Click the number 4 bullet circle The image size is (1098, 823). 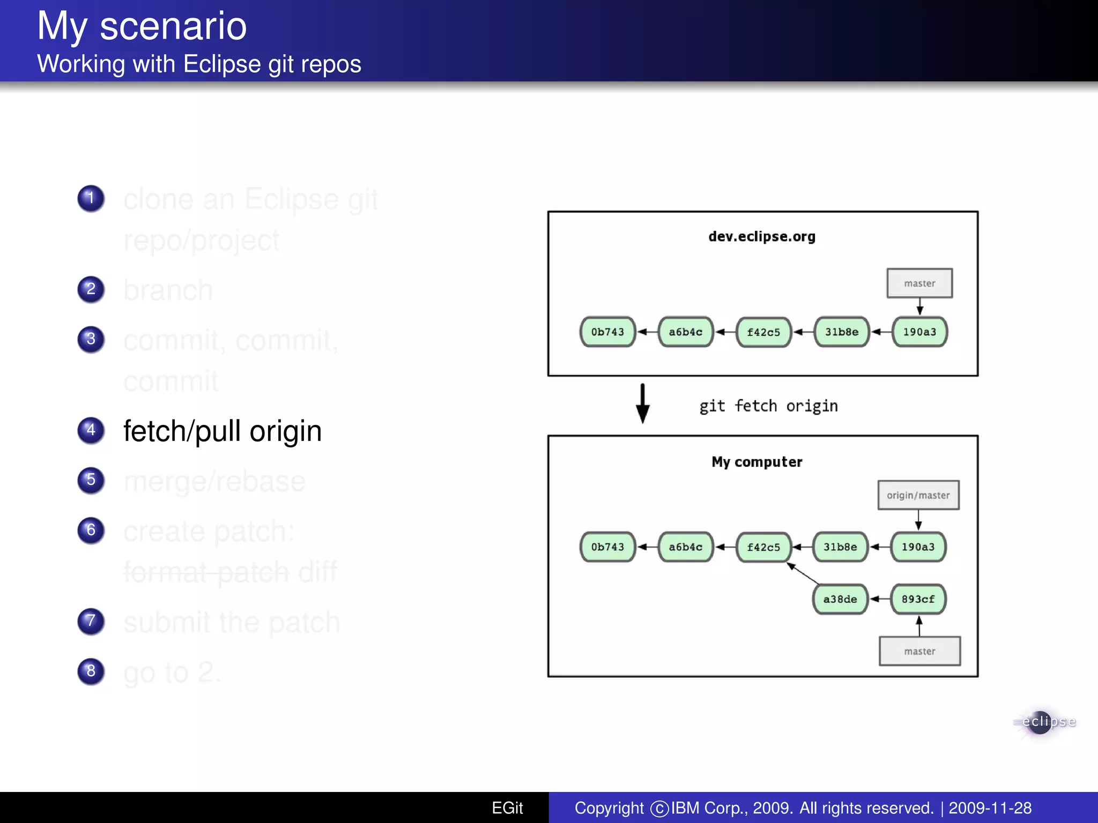pyautogui.click(x=91, y=430)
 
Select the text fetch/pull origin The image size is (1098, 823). pyautogui.click(x=222, y=431)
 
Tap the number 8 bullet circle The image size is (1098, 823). pyautogui.click(x=91, y=671)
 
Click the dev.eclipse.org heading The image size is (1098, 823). pyautogui.click(x=761, y=236)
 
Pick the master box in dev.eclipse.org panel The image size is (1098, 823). pyautogui.click(x=919, y=283)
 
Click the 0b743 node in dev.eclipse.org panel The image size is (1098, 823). pyautogui.click(x=607, y=332)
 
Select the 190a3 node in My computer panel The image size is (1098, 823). pyautogui.click(x=918, y=547)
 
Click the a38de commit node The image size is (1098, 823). pyautogui.click(x=840, y=599)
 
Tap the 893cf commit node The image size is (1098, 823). pyautogui.click(x=918, y=599)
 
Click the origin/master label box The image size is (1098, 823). pyautogui.click(x=918, y=495)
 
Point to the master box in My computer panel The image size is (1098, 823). pyautogui.click(x=919, y=651)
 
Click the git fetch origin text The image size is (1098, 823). pyautogui.click(x=768, y=406)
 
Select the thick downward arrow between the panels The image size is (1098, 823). pyautogui.click(x=642, y=404)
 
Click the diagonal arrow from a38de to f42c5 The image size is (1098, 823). pyautogui.click(x=803, y=573)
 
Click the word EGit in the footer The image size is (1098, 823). pyautogui.click(x=507, y=807)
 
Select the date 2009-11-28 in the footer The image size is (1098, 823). pyautogui.click(x=990, y=807)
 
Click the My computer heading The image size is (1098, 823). pyautogui.click(x=756, y=462)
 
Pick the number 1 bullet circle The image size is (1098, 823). pyautogui.click(x=91, y=198)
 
